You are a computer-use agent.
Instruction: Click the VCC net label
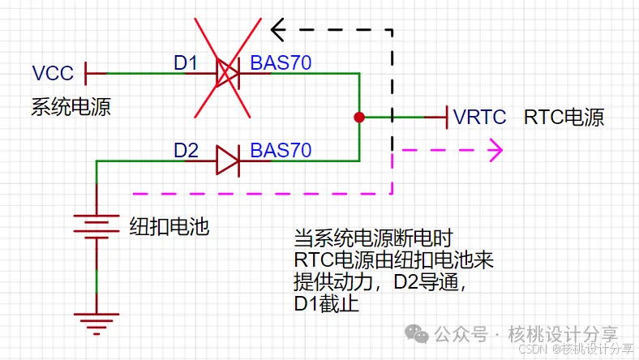[x=53, y=74]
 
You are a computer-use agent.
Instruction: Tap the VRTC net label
[x=480, y=117]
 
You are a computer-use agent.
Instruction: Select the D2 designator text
[x=186, y=151]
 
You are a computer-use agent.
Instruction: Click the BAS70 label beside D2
[x=281, y=151]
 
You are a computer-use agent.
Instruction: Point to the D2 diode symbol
[x=227, y=161]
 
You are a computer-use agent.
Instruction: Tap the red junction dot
[x=359, y=117]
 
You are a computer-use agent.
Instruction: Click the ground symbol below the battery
[x=96, y=322]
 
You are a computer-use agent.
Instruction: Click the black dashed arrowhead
[x=278, y=31]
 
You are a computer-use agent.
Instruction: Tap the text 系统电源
[x=71, y=105]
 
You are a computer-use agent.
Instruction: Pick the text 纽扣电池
[x=169, y=226]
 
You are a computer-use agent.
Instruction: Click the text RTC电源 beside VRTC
[x=564, y=117]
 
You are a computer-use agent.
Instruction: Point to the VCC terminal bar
[x=86, y=74]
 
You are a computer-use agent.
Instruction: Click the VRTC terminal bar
[x=447, y=117]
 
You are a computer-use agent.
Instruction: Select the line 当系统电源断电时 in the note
[x=372, y=239]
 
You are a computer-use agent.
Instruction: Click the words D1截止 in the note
[x=326, y=305]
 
